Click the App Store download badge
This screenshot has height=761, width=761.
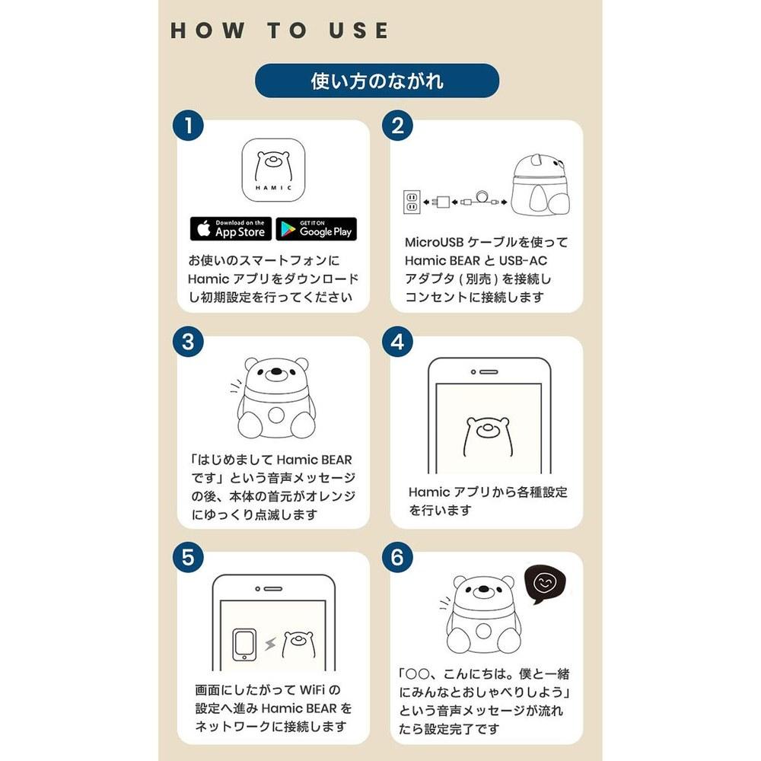point(231,228)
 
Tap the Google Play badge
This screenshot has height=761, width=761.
point(317,228)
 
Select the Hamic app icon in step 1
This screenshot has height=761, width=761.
point(273,170)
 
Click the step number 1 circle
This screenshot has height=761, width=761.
point(188,126)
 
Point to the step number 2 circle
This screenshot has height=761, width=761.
point(397,126)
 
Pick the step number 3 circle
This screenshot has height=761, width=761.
point(188,342)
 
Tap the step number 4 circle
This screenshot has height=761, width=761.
point(397,342)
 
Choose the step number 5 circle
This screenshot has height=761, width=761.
point(188,557)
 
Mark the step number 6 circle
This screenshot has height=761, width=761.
point(397,557)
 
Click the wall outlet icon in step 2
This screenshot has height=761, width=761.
point(412,202)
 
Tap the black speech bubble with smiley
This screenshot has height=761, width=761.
point(546,584)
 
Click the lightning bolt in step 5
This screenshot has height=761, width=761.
point(270,644)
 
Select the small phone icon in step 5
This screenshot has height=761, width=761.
point(244,645)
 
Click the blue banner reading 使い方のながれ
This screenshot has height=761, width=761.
point(377,81)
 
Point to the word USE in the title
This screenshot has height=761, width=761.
point(359,30)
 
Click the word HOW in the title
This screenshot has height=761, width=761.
point(208,30)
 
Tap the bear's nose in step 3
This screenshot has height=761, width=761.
point(275,372)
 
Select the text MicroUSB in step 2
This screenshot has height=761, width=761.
point(435,242)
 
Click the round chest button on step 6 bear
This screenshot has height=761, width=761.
point(483,631)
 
